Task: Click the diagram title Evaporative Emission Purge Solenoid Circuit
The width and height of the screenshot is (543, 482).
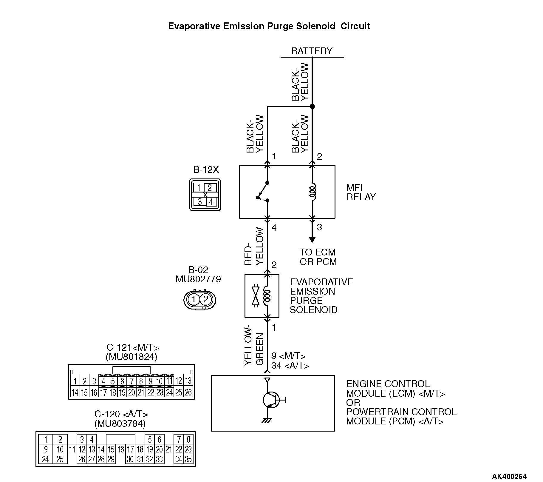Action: click(x=269, y=26)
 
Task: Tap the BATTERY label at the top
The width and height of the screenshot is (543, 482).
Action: click(x=312, y=51)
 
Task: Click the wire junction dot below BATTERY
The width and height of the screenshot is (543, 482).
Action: click(x=312, y=106)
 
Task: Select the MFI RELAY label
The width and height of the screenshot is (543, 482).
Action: click(x=361, y=192)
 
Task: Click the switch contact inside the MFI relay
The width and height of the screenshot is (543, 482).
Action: click(x=263, y=191)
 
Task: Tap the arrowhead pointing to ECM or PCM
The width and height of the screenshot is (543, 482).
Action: click(x=312, y=239)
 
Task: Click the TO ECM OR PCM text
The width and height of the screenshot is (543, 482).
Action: click(x=318, y=257)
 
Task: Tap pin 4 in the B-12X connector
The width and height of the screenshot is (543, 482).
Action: click(x=211, y=202)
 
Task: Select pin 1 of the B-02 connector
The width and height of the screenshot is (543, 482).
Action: click(x=194, y=299)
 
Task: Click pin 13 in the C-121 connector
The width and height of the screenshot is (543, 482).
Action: click(x=188, y=381)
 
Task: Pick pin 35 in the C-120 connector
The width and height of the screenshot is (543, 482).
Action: click(x=188, y=459)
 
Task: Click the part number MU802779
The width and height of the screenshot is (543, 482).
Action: click(x=198, y=279)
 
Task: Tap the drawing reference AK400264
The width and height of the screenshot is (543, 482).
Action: click(x=509, y=476)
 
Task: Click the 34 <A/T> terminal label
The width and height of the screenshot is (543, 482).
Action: click(x=290, y=366)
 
